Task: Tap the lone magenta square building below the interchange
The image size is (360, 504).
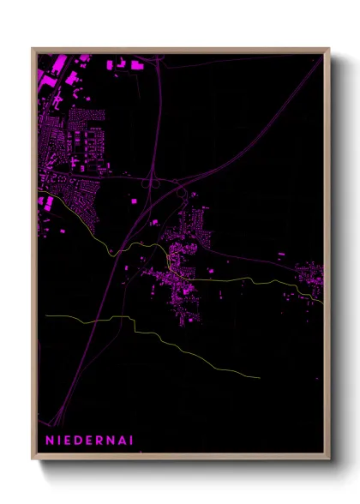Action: (x=135, y=201)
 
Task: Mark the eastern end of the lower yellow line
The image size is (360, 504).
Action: (x=260, y=376)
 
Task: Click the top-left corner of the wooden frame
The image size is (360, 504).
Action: (x=33, y=49)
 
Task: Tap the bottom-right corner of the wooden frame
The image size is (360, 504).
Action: (x=329, y=459)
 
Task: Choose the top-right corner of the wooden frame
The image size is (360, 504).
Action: (x=329, y=49)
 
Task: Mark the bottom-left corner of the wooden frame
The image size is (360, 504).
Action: (x=33, y=459)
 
